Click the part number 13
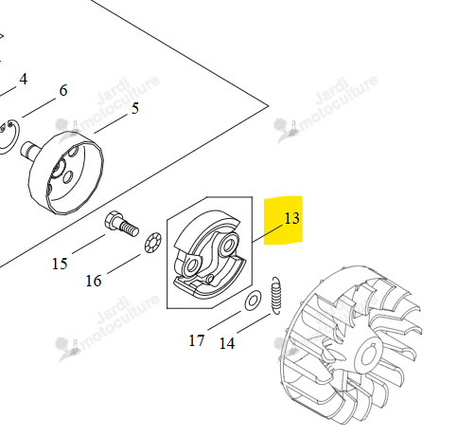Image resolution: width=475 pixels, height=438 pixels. coord(291,218)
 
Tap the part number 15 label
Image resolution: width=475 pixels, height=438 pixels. coord(60,264)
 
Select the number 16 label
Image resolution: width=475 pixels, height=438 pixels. coord(94,281)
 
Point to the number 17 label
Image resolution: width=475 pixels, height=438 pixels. coord(197,340)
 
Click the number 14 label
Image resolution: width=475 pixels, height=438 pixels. coord(227,343)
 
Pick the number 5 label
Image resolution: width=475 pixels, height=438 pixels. coord(135,108)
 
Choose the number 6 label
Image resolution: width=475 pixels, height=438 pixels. coord(63,90)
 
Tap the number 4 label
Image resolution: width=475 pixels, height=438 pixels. coord(24,79)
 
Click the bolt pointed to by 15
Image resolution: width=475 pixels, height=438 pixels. coord(121,224)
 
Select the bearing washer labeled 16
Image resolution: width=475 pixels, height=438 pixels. coord(153,243)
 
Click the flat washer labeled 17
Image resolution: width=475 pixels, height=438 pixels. coord(253,301)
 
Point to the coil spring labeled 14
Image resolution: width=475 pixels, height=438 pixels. coord(276,296)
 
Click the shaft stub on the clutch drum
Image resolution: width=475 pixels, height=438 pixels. coord(30,151)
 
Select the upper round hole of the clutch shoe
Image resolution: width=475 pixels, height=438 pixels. coord(229,245)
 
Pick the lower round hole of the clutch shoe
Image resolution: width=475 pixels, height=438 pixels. coord(191,266)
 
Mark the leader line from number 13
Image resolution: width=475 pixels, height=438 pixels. coord(268,233)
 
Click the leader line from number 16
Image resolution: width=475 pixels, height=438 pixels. coord(124,264)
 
